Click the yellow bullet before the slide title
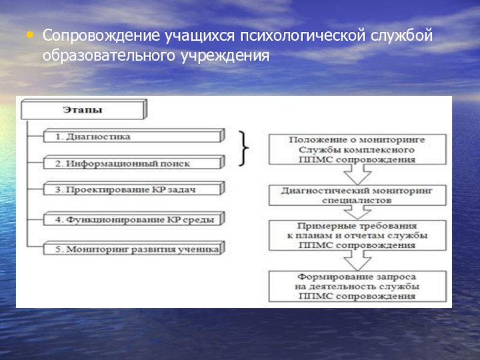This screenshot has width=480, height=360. tap(30, 35)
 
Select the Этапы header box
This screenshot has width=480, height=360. tap(83, 110)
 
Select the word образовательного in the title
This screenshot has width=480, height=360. tap(107, 56)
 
